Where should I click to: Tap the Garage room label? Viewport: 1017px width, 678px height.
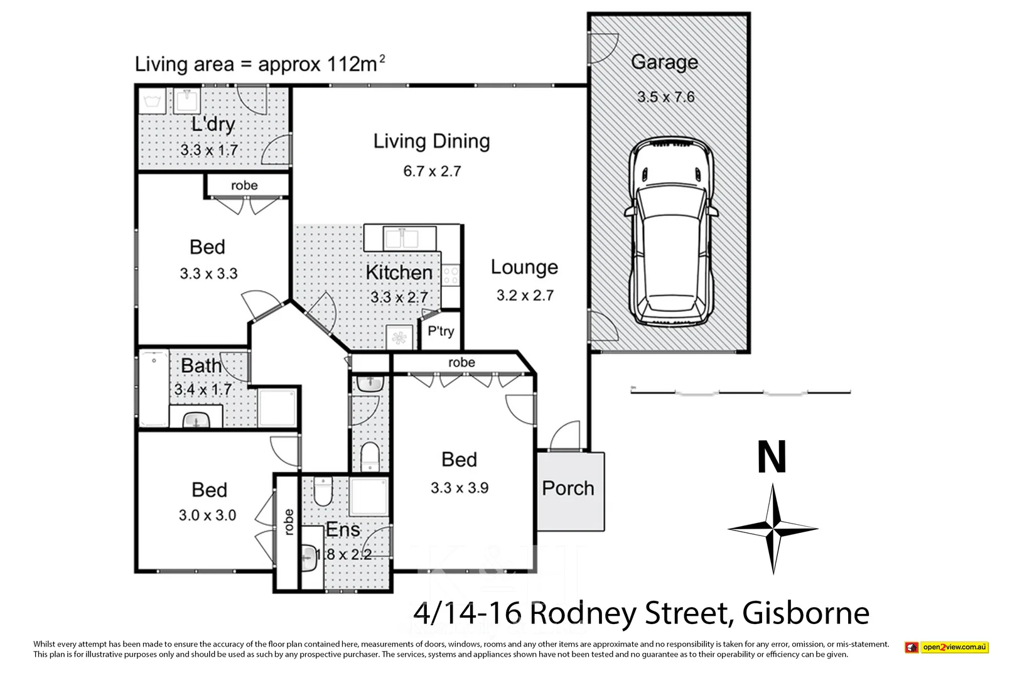664,62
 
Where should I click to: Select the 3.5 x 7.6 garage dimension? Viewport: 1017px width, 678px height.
665,97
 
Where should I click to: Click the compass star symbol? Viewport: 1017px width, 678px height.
773,529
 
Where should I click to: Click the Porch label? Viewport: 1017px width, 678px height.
568,488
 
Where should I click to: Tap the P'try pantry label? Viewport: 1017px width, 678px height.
441,331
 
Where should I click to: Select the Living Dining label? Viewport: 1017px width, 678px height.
431,141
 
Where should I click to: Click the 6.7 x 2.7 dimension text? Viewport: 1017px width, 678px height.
432,171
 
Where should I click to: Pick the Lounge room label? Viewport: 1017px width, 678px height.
524,267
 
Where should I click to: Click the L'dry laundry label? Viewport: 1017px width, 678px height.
213,124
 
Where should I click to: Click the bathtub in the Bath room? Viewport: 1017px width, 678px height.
153,389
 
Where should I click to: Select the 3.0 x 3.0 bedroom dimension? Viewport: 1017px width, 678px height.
207,515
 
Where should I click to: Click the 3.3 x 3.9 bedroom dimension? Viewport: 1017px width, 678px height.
460,488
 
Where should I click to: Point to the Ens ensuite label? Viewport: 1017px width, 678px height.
343,530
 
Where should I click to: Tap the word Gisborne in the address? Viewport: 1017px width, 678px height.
806,613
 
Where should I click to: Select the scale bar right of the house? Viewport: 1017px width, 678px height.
741,392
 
